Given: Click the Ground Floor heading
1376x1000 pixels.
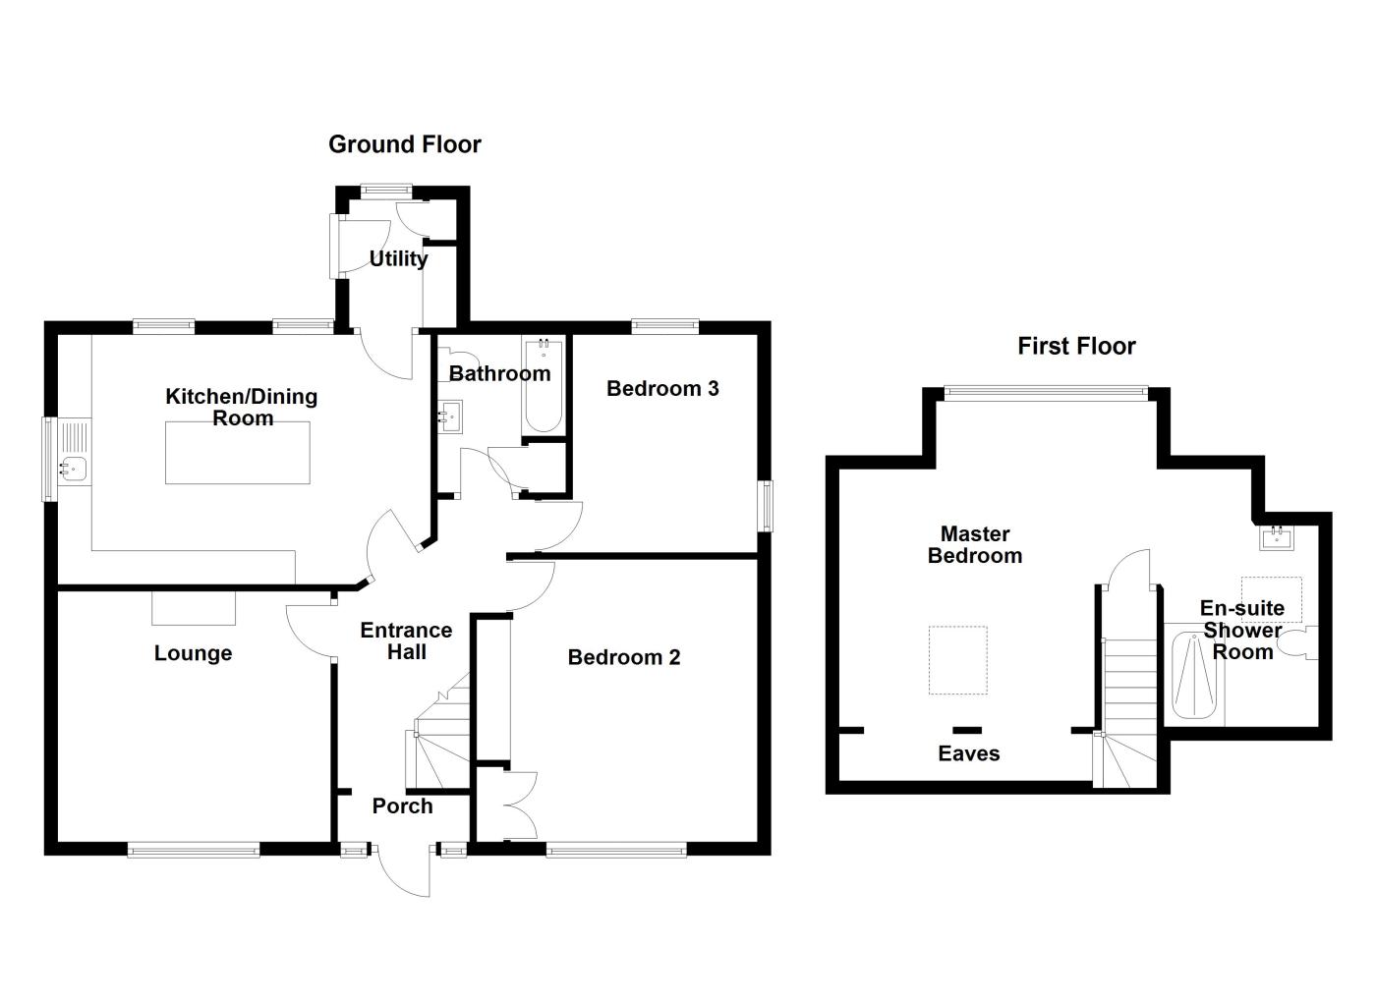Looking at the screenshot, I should tap(404, 144).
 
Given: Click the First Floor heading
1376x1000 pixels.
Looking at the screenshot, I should tap(1076, 346).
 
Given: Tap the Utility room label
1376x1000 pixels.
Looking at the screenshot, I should tap(398, 258).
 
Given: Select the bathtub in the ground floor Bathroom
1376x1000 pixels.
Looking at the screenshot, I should tap(544, 387).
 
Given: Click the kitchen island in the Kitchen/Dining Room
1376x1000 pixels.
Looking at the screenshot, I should tap(237, 452).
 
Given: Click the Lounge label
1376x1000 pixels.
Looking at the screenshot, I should tap(193, 653).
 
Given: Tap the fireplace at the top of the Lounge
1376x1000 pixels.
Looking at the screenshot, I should tap(194, 608).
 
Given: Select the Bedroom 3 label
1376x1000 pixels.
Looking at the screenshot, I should tap(662, 388).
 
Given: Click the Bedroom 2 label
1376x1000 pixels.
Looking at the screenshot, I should tap(623, 657).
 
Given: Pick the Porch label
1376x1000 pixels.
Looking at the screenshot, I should tap(402, 806).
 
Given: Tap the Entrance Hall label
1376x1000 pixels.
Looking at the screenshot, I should tap(406, 640).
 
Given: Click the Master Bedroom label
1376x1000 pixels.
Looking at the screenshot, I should tap(975, 544).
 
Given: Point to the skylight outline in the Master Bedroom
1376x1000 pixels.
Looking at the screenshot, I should tap(958, 660).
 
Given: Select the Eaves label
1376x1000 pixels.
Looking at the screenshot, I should tap(968, 753).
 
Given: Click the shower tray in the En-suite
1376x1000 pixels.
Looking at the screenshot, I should tap(1194, 677).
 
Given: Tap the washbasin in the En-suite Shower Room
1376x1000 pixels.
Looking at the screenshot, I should tap(1277, 537).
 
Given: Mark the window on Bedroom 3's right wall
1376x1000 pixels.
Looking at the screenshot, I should tap(765, 506).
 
